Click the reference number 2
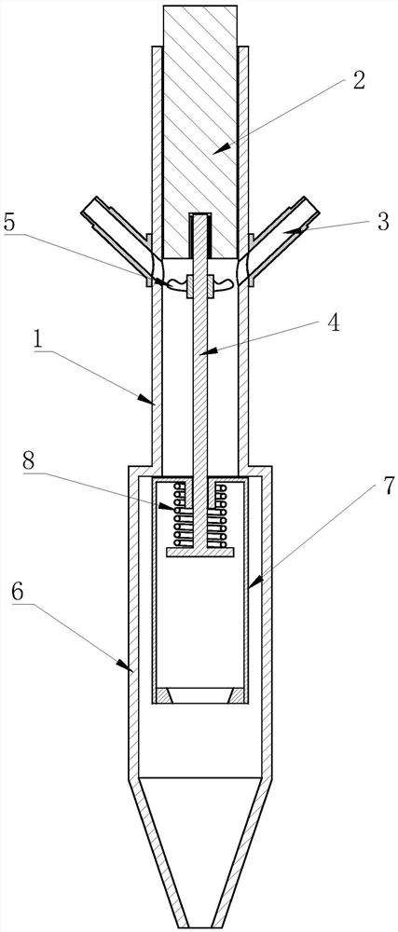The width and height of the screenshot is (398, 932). pos(358,81)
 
